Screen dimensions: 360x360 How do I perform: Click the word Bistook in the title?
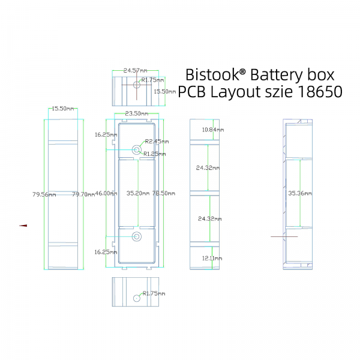(x=212, y=74)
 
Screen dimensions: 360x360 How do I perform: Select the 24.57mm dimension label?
(x=135, y=70)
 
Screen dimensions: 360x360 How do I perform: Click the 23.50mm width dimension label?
(x=137, y=113)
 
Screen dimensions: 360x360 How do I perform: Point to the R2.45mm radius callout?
(x=157, y=142)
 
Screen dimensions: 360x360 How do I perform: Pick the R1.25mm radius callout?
(x=155, y=154)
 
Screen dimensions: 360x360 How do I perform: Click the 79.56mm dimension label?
(x=44, y=194)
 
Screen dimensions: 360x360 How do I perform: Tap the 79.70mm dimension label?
(x=83, y=194)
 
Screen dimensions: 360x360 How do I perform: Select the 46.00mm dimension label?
(x=106, y=193)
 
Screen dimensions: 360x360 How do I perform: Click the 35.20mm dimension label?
(x=138, y=193)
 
